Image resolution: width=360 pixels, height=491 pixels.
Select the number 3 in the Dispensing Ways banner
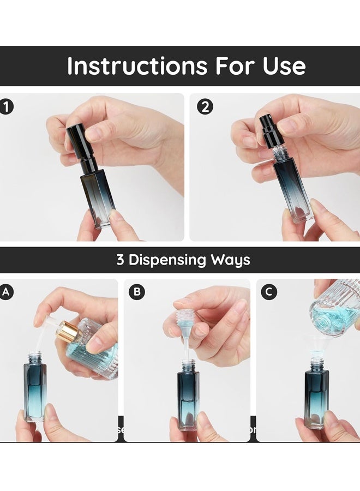click(x=120, y=260)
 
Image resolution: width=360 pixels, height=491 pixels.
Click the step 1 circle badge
click(x=7, y=107)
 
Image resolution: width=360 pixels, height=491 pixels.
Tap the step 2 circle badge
click(x=205, y=107)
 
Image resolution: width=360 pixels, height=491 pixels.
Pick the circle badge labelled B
click(x=136, y=292)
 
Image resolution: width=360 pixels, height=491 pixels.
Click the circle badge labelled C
click(x=268, y=292)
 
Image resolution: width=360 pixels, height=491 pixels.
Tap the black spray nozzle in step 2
click(x=269, y=129)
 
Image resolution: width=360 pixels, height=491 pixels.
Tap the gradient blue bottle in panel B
click(x=188, y=396)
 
